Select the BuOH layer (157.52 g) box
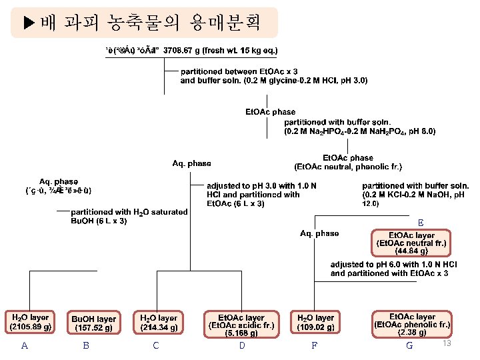click(93, 323)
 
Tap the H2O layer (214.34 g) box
click(158, 322)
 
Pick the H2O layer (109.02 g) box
click(315, 322)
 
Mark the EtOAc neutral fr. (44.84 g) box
click(411, 243)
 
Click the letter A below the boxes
click(25, 345)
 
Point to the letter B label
click(86, 345)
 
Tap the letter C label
click(156, 345)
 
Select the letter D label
click(242, 345)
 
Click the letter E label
click(420, 223)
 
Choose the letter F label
click(314, 345)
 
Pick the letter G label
click(409, 345)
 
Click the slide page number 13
click(447, 343)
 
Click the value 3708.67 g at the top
click(186, 50)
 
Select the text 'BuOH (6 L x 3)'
click(99, 221)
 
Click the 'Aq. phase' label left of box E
click(319, 233)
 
